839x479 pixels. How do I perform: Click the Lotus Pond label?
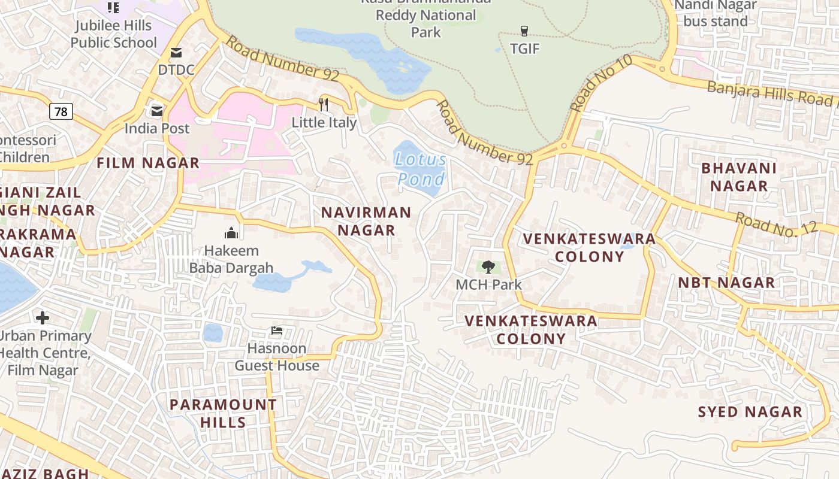pos(421,169)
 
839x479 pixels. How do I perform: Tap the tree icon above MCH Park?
pos(488,266)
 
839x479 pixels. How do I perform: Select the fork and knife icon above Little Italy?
pos(324,105)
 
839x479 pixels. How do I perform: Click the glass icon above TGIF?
pos(524,31)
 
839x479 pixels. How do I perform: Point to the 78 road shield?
pos(61,111)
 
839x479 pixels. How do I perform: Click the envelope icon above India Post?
pos(157,111)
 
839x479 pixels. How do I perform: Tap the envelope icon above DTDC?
pos(176,53)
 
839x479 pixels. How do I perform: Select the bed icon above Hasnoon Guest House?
pos(276,331)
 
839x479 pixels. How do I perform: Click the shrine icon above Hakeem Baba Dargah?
pos(231,233)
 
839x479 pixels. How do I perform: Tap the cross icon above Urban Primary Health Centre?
pos(42,317)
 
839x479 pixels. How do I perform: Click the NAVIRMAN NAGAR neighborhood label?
pos(366,221)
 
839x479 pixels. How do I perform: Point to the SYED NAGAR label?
pos(750,412)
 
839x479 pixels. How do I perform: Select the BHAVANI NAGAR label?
pos(739,177)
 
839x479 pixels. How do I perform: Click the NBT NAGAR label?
pos(726,283)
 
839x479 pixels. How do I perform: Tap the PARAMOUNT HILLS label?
pos(223,413)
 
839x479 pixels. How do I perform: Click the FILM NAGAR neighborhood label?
pos(148,163)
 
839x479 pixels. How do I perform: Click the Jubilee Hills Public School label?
pos(113,34)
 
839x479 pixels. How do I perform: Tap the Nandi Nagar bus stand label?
pos(716,13)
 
